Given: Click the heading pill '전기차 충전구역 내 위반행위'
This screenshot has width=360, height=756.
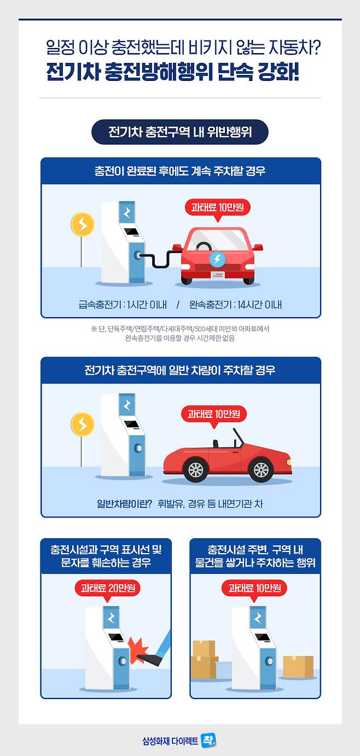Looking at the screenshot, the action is [x=180, y=132].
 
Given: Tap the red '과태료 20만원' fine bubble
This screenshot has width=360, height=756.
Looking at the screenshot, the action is [x=108, y=589].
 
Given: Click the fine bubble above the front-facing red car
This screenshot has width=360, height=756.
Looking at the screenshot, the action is [x=218, y=207].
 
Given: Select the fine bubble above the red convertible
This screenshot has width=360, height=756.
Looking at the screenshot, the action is [x=213, y=414].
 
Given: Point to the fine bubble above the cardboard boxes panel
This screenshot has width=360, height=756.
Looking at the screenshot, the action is [x=254, y=589].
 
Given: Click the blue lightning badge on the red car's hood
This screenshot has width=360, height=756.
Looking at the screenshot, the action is [x=217, y=259].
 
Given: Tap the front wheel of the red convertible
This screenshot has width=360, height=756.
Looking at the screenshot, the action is [x=261, y=469].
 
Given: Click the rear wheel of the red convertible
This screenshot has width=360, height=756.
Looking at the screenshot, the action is [x=196, y=469].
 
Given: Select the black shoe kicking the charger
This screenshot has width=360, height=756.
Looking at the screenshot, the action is [x=152, y=658].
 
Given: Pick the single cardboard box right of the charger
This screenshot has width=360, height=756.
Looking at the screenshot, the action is [x=298, y=667].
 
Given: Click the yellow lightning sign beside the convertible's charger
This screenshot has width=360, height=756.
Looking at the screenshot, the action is [x=82, y=424].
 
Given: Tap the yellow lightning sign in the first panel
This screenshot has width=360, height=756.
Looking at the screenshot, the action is [x=82, y=224].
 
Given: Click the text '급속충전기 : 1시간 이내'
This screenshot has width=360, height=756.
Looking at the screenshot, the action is [x=123, y=305].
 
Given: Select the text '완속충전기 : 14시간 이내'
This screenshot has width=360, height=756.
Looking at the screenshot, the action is [x=235, y=305].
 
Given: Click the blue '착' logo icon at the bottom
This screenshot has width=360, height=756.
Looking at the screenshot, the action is [x=208, y=741].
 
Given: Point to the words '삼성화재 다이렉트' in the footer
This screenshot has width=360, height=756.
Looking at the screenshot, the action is [x=170, y=741].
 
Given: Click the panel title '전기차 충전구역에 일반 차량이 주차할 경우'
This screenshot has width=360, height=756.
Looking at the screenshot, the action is [x=180, y=370].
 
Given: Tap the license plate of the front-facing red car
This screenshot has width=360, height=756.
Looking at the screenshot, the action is [x=218, y=275].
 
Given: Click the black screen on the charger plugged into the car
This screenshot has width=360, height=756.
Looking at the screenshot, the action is [x=132, y=232].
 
